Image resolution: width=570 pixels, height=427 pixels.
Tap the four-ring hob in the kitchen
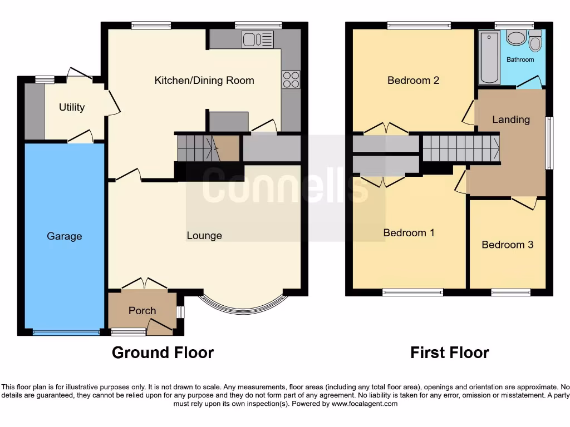tap(291, 80)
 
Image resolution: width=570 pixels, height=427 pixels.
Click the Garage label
tap(64, 236)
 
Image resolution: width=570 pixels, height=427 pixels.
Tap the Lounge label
tap(204, 236)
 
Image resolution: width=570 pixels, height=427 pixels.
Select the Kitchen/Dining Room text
tap(204, 81)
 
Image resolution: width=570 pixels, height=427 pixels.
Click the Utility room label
tap(72, 107)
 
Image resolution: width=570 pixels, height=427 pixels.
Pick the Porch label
tap(142, 311)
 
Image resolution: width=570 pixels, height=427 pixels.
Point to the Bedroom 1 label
tap(409, 233)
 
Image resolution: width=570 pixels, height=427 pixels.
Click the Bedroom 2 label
tap(413, 81)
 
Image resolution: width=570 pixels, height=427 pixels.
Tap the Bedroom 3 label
tap(507, 245)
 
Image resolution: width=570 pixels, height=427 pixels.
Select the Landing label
tap(511, 120)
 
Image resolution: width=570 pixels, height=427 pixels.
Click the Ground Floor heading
tap(163, 352)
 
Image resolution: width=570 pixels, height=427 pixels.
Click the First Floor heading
tap(450, 352)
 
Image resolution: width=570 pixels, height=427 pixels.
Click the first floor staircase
tap(460, 149)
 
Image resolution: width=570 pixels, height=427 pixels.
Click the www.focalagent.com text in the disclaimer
tap(364, 404)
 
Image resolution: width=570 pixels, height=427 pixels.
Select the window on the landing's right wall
tap(548, 143)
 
